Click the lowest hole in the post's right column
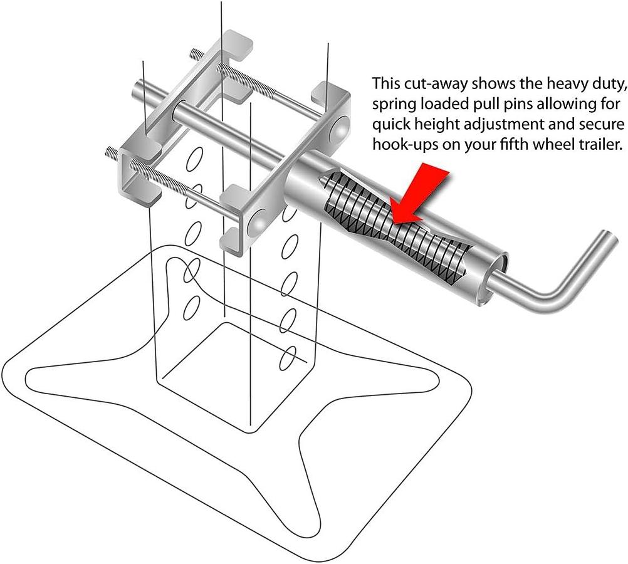point(288,359)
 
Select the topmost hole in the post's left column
point(193,160)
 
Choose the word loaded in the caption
point(449,104)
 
